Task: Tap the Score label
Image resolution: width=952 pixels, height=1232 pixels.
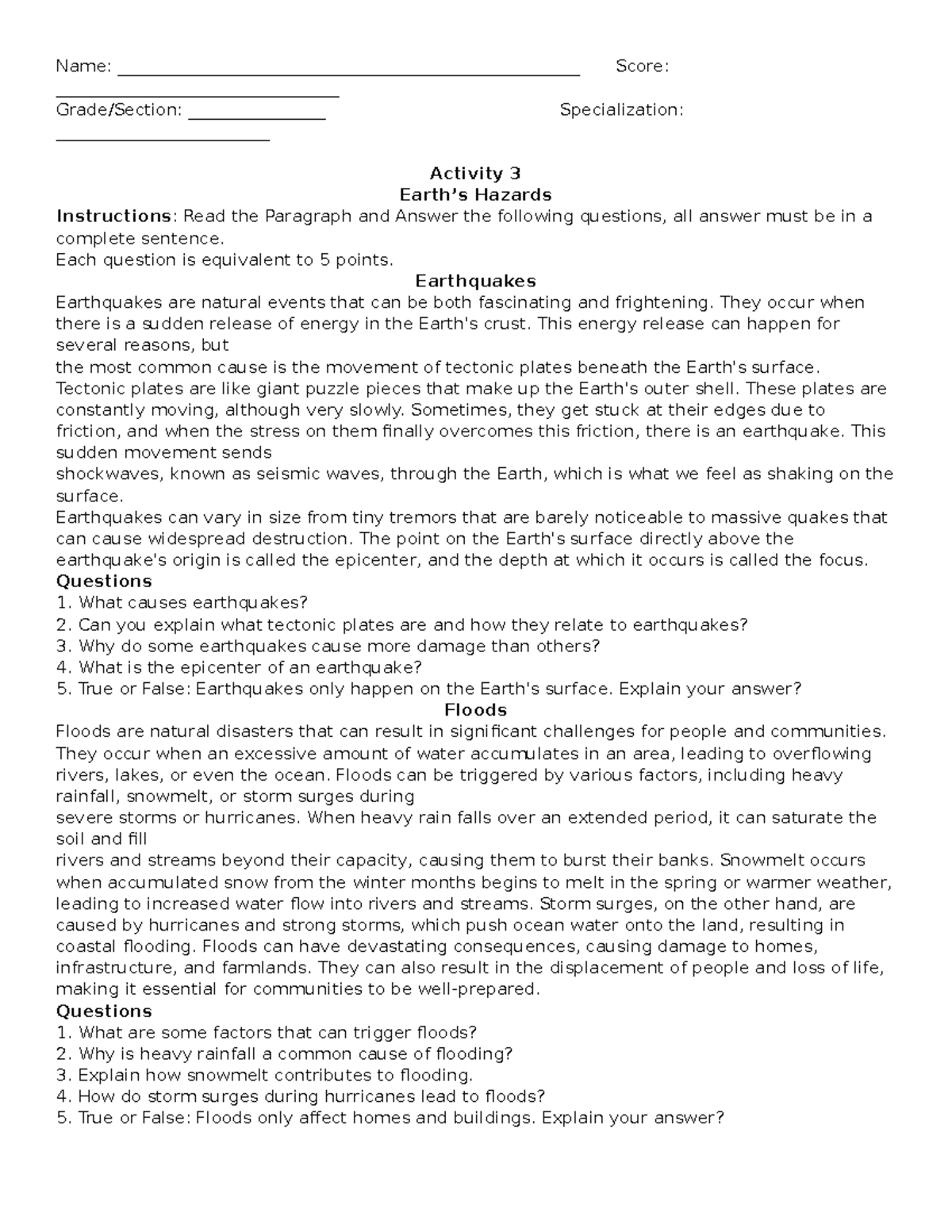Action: pos(642,67)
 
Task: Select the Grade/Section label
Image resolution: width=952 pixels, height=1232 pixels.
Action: pos(119,110)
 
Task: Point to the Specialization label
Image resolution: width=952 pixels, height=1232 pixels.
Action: pos(621,110)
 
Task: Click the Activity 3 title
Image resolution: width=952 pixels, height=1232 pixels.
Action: pos(474,174)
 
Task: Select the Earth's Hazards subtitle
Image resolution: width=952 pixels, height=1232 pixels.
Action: pos(474,195)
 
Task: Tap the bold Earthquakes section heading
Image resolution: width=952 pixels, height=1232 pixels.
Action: pos(475,281)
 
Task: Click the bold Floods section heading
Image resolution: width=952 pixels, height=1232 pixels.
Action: pos(475,709)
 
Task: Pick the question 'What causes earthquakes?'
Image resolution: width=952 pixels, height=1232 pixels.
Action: pos(182,603)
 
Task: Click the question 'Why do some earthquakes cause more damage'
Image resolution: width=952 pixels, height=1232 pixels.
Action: pos(328,646)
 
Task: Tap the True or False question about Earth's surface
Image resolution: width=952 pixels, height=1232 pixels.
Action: pos(428,689)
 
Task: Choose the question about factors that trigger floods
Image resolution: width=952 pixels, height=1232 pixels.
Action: pos(267,1032)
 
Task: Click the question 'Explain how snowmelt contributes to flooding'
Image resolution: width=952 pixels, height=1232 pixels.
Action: pos(265,1075)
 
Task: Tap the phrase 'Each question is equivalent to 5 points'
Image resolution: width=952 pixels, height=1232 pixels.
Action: pos(224,259)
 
